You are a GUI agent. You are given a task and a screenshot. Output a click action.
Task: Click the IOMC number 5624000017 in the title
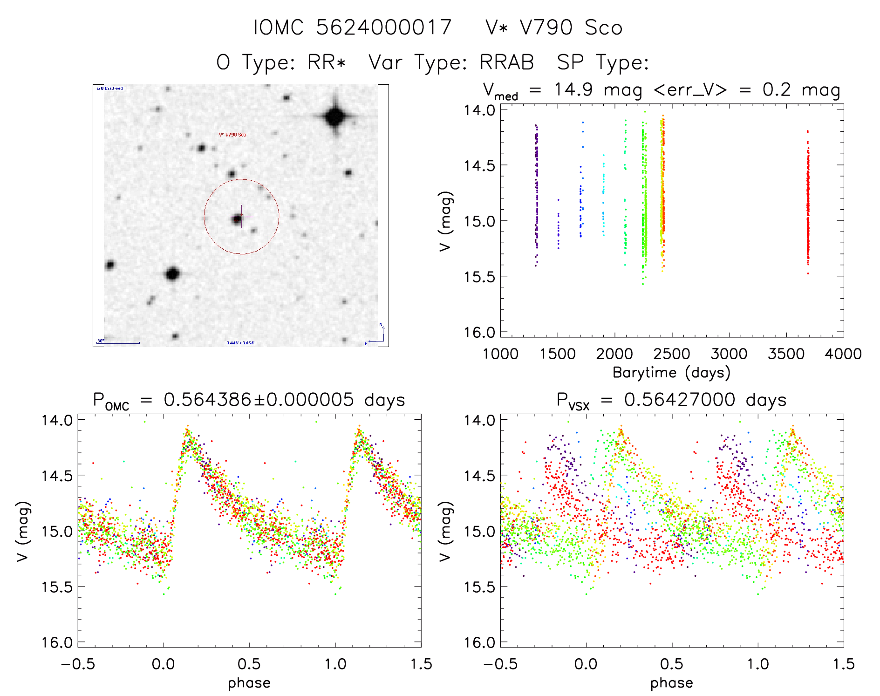click(x=384, y=27)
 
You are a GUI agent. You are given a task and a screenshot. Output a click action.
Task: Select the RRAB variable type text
click(x=507, y=62)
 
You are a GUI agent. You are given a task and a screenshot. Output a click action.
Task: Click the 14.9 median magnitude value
click(x=573, y=89)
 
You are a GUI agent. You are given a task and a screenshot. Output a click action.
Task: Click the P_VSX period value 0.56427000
click(x=680, y=400)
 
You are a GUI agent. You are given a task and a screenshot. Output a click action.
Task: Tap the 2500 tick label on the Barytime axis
click(x=671, y=354)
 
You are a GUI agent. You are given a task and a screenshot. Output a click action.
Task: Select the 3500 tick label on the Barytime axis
click(x=786, y=354)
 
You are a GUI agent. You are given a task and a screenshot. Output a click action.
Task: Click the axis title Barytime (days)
click(x=671, y=373)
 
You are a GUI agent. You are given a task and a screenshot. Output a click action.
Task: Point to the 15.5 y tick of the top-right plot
click(x=479, y=277)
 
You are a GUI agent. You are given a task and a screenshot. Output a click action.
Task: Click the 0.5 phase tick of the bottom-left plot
click(x=249, y=664)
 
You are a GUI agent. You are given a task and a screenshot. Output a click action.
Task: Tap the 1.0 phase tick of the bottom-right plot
click(x=758, y=664)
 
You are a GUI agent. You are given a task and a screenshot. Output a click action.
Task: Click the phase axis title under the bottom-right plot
click(x=671, y=683)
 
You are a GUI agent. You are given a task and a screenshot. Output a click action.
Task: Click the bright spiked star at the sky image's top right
click(x=335, y=116)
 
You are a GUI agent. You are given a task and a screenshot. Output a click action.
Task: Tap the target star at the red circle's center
click(x=238, y=218)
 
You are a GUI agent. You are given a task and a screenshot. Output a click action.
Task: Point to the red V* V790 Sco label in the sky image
click(x=232, y=135)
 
